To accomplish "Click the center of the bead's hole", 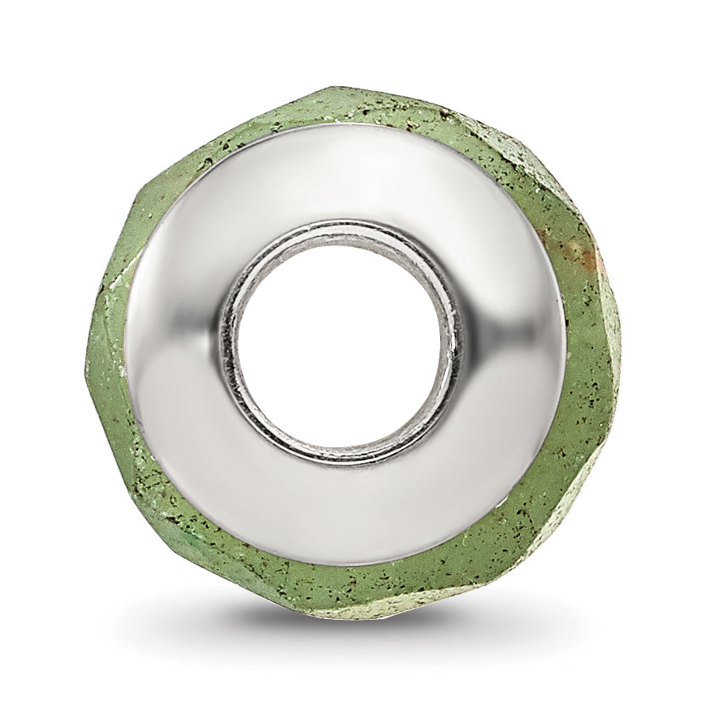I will (339, 343).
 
